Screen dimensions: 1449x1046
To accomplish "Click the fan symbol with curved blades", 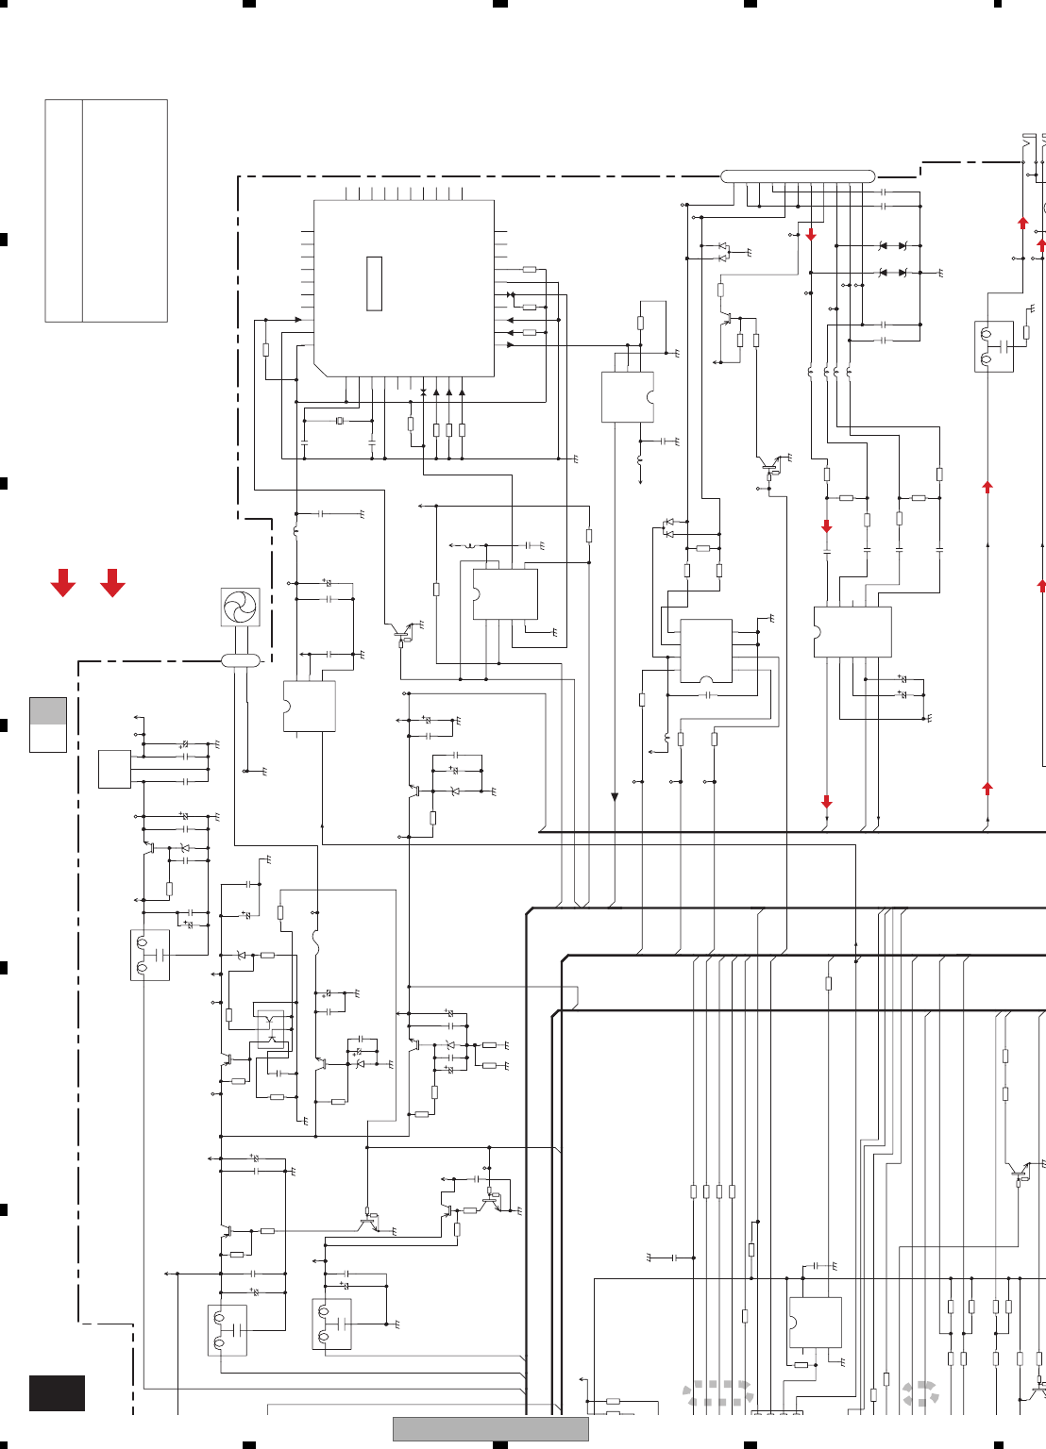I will (x=240, y=607).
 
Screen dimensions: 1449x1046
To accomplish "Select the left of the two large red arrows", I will (x=63, y=583).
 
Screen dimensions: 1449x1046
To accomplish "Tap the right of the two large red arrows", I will (x=112, y=583).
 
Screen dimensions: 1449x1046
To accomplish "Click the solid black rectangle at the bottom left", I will (x=57, y=1393).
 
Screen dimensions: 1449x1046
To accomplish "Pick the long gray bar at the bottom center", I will (x=490, y=1428).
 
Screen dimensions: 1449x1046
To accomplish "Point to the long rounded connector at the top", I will (x=798, y=176).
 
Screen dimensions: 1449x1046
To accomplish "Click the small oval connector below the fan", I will (x=241, y=660).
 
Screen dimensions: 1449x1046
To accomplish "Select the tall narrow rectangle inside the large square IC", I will (x=374, y=283).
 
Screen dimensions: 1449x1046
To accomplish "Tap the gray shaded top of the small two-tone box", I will (x=48, y=710).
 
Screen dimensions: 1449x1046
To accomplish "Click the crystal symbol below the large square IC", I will (x=340, y=421).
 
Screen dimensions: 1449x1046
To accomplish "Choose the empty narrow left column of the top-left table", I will (x=63, y=210).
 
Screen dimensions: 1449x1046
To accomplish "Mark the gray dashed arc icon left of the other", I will (x=718, y=1393).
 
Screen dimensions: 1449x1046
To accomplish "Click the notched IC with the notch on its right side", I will (x=628, y=397).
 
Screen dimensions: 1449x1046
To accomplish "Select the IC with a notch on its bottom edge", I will (x=706, y=651).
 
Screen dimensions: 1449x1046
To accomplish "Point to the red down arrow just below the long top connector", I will (x=811, y=234).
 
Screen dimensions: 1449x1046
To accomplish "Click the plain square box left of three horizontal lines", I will (x=114, y=769).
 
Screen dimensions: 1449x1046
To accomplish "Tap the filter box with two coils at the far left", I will (x=150, y=955).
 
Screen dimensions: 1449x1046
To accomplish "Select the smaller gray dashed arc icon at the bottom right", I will (x=920, y=1393).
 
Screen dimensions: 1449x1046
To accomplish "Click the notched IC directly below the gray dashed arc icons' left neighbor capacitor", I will (x=815, y=1323).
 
